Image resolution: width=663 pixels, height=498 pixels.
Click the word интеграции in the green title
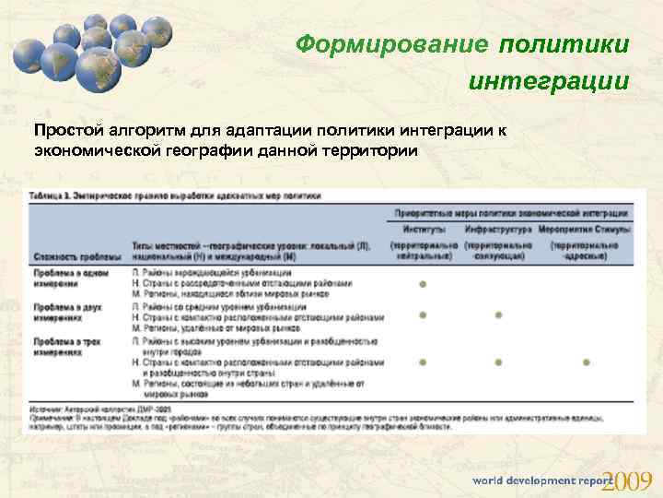coord(550,80)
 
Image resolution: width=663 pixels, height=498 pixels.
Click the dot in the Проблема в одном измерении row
coord(423,284)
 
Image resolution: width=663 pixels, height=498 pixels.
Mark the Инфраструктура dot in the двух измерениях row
coord(498,315)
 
